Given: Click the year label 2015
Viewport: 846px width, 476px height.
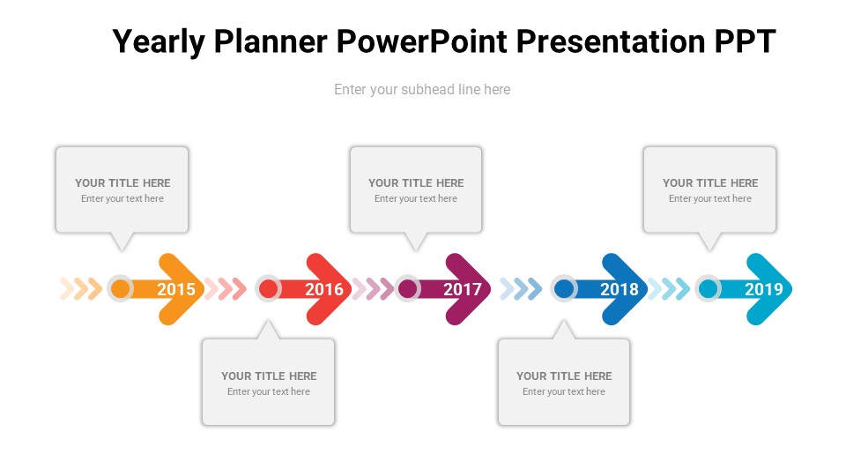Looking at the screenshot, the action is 176,289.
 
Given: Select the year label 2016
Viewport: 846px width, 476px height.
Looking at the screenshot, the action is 324,289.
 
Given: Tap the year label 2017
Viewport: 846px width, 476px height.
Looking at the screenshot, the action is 463,289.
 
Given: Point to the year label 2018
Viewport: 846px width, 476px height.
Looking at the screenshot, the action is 620,289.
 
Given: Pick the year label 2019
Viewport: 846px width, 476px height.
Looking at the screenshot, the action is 764,289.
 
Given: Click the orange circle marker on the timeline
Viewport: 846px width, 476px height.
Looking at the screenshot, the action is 121,289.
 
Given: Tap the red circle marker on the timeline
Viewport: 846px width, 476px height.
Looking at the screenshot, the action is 268,289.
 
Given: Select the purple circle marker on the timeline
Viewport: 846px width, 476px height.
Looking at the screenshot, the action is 408,289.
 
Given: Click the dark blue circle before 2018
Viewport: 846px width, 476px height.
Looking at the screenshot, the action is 564,289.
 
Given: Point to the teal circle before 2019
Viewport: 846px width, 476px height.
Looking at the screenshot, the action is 708,289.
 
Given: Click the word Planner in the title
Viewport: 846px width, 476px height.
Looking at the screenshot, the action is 271,42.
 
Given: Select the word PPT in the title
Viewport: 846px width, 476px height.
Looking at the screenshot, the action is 746,41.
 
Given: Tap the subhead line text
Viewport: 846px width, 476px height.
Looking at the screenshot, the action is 422,90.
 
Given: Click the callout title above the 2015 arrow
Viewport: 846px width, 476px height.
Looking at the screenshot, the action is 122,183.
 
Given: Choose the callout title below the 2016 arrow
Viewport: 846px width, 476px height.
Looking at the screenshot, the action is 269,376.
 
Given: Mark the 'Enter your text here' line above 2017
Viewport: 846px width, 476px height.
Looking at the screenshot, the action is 415,198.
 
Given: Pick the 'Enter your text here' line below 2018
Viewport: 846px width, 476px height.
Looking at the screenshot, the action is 564,391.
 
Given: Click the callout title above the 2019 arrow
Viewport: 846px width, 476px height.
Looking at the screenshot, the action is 710,183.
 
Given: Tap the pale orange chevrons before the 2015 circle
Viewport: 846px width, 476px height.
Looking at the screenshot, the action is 81,289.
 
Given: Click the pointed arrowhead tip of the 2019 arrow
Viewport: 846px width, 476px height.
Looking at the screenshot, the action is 791,289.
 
